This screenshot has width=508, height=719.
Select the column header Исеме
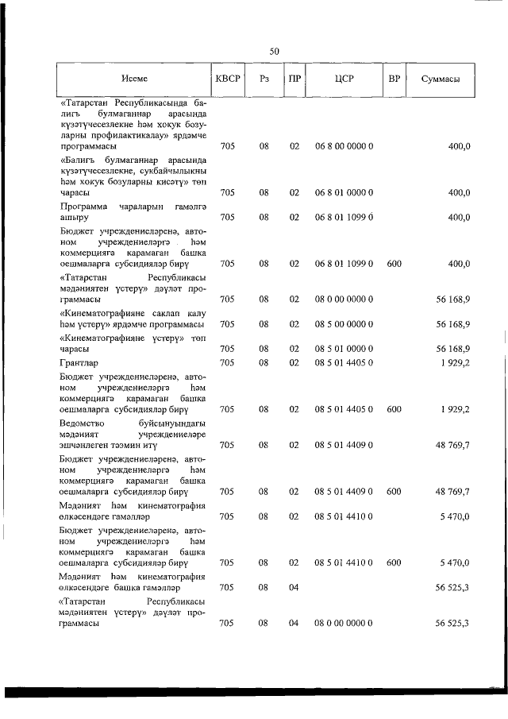[134, 79]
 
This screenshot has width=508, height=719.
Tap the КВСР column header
[228, 79]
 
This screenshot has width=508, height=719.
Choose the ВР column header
[394, 79]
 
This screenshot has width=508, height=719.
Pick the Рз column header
[264, 79]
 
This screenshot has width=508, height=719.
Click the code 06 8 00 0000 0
[344, 148]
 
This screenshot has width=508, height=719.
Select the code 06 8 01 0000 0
[344, 192]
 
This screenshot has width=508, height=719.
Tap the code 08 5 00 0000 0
[344, 324]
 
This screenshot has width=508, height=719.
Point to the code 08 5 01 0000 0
[344, 349]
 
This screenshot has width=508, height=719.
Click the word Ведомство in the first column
[83, 423]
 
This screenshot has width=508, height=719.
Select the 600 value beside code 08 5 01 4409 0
[394, 492]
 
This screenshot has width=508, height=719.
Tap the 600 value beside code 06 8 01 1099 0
[394, 264]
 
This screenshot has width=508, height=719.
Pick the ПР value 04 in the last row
[294, 624]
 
